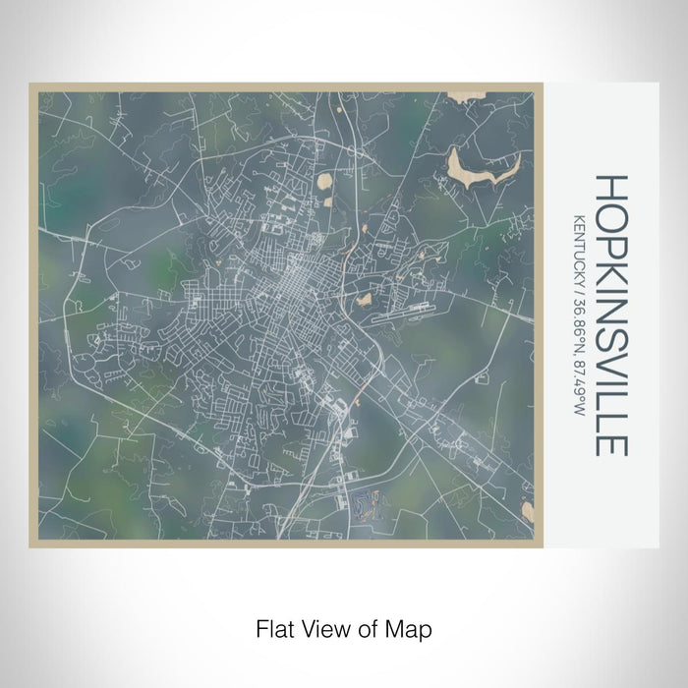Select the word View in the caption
pyautogui.click(x=322, y=626)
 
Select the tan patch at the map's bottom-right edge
pyautogui.click(x=528, y=512)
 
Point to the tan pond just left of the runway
pyautogui.click(x=364, y=299)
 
